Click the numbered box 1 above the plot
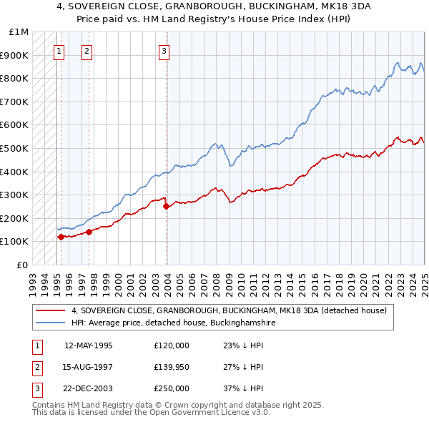pyautogui.click(x=58, y=51)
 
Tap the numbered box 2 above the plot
pyautogui.click(x=86, y=51)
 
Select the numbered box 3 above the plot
pyautogui.click(x=164, y=51)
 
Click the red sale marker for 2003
pyautogui.click(x=167, y=207)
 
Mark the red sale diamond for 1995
pyautogui.click(x=61, y=237)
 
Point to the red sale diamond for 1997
pyautogui.click(x=89, y=232)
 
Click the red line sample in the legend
pyautogui.click(x=51, y=310)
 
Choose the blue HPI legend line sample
pyautogui.click(x=51, y=323)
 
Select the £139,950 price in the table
pyautogui.click(x=172, y=367)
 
